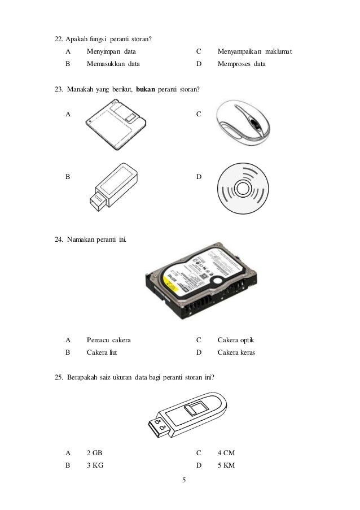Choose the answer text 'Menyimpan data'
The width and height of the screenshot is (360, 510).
coord(112,53)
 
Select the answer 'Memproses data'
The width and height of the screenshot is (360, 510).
coord(242,64)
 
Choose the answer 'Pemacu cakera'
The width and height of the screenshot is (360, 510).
coord(109,341)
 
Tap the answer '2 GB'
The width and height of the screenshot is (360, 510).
coord(95,453)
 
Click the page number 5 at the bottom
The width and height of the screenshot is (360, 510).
coord(184,481)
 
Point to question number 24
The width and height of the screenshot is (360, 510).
coord(59,241)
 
